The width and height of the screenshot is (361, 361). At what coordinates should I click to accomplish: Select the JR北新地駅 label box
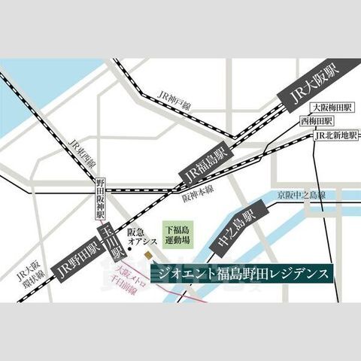coord(334,135)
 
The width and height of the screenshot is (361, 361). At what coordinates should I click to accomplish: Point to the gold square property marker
coord(147,253)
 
